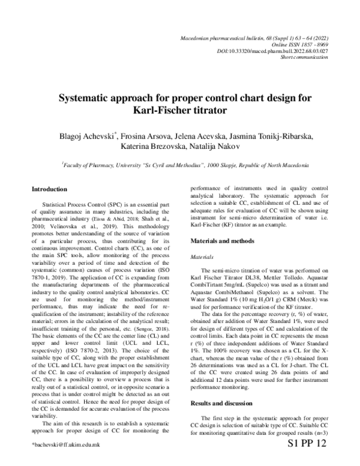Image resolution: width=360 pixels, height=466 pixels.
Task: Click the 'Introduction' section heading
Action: (49, 189)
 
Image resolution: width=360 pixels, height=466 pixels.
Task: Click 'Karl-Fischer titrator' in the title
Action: (180, 110)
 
